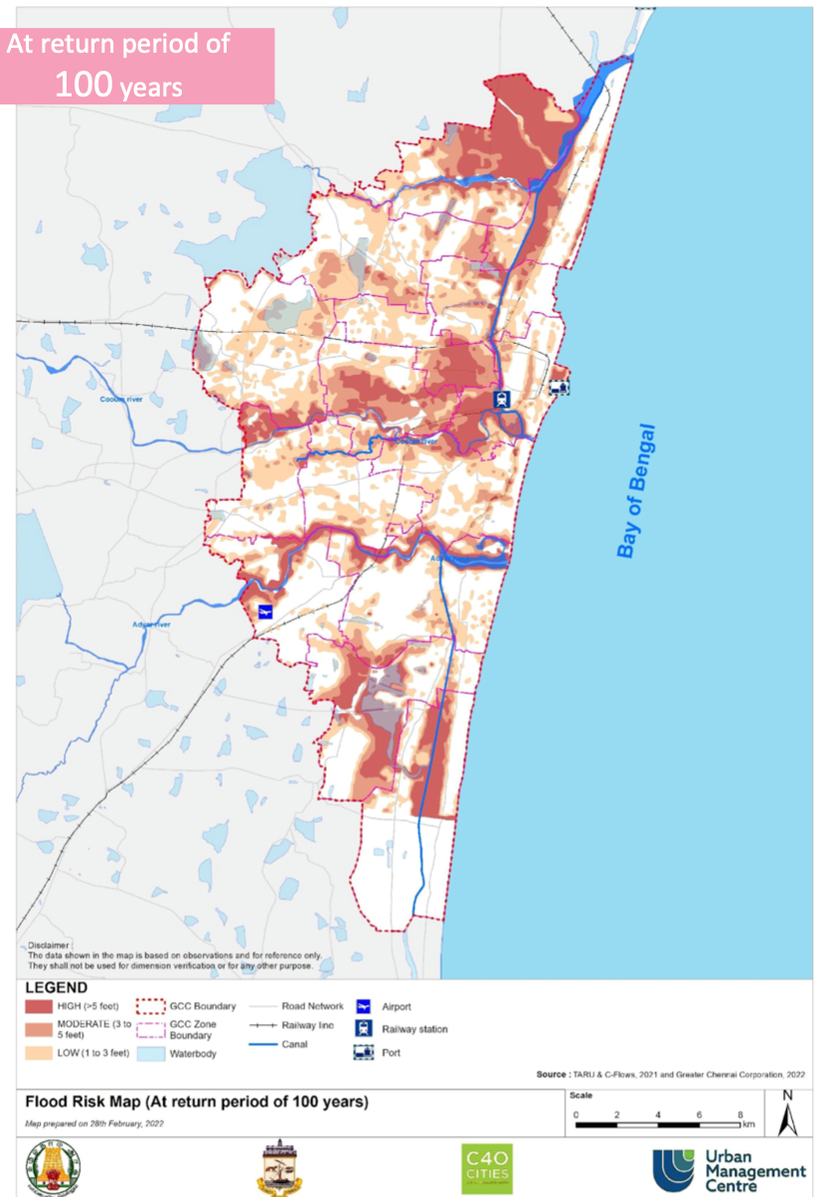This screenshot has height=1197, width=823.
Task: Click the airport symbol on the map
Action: pyautogui.click(x=265, y=611)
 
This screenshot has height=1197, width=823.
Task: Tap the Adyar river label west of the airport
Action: pyautogui.click(x=151, y=624)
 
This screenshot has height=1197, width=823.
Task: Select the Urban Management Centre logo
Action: pyautogui.click(x=729, y=1170)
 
